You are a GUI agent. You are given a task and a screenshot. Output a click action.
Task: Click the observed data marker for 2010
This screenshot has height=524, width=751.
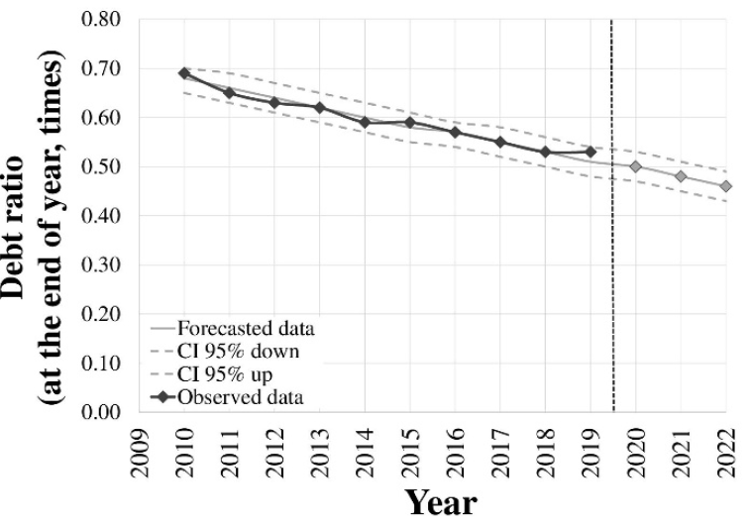[x=184, y=73]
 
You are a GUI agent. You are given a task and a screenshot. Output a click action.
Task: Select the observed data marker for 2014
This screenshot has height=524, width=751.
[x=365, y=122]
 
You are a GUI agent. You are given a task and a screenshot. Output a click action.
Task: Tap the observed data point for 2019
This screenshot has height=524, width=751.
[x=590, y=152]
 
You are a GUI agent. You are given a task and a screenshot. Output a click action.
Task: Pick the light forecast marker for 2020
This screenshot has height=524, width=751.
[x=635, y=166]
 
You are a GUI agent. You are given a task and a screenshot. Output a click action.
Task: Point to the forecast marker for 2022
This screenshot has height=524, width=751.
[x=725, y=186]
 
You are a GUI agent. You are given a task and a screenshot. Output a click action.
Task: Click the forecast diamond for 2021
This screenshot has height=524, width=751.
[x=681, y=176]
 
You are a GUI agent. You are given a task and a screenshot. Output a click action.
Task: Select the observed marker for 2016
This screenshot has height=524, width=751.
[x=455, y=132]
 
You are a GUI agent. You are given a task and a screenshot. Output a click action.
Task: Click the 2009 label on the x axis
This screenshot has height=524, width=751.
[x=140, y=450]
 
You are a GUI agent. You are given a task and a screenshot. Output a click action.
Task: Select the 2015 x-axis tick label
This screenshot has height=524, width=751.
[x=410, y=450]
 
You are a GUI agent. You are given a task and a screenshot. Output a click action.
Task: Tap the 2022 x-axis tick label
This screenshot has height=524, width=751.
[x=726, y=450]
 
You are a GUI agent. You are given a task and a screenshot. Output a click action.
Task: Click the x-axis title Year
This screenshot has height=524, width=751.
[x=440, y=502]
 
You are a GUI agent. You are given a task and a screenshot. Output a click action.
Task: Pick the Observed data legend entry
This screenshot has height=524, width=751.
[x=238, y=397]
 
